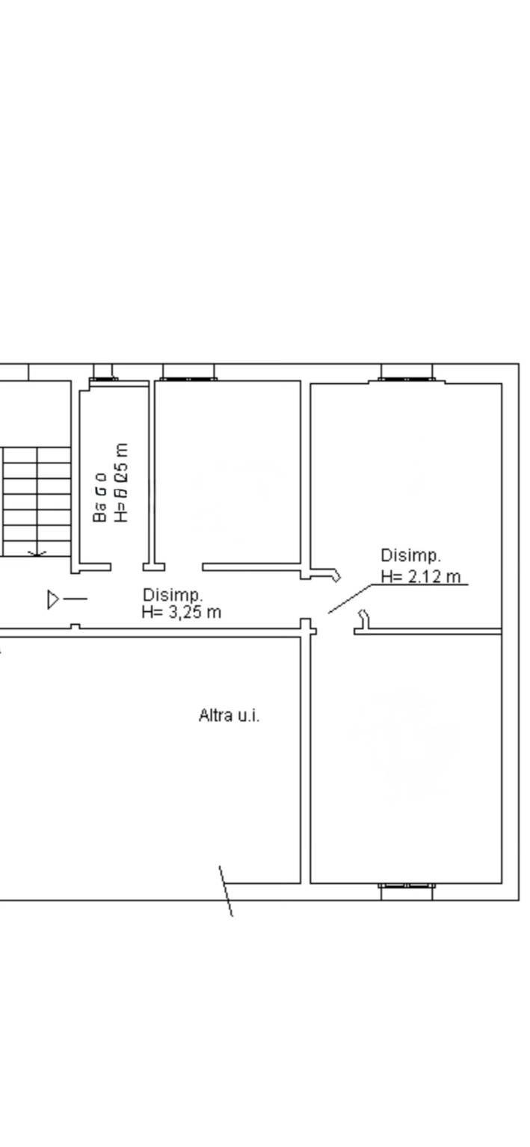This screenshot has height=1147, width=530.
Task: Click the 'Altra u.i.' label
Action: click(229, 715)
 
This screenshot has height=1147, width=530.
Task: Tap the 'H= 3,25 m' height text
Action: click(182, 612)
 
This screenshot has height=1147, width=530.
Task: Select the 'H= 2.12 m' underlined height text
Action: click(421, 576)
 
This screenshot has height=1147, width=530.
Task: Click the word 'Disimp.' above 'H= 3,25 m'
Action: click(173, 595)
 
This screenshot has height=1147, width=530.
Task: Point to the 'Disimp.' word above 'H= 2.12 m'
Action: click(411, 556)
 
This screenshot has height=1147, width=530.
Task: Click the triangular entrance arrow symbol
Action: click(53, 599)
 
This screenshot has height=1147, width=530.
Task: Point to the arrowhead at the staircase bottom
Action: click(37, 554)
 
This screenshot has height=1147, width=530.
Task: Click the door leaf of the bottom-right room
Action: click(364, 619)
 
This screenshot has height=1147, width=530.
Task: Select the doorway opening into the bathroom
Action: click(127, 567)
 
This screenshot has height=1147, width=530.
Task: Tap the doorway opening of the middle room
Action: click(184, 567)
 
